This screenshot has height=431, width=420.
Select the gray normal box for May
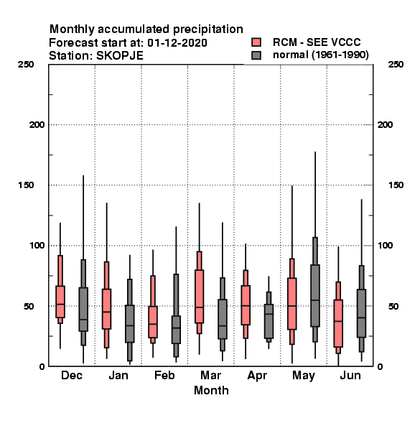click(x=315, y=295)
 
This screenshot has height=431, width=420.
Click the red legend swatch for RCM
click(x=256, y=42)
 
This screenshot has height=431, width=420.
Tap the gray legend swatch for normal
click(x=256, y=55)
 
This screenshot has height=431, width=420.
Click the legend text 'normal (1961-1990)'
click(x=321, y=55)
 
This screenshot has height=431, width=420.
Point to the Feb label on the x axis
click(x=164, y=375)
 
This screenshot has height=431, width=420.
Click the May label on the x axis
click(x=304, y=376)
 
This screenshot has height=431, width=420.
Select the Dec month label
click(x=72, y=375)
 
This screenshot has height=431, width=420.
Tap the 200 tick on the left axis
click(x=37, y=125)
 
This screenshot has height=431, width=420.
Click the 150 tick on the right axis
click(x=396, y=185)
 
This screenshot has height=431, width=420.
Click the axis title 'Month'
click(x=211, y=390)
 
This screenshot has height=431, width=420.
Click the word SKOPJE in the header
click(x=120, y=56)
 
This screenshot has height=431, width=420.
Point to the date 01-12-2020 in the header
click(x=177, y=43)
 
